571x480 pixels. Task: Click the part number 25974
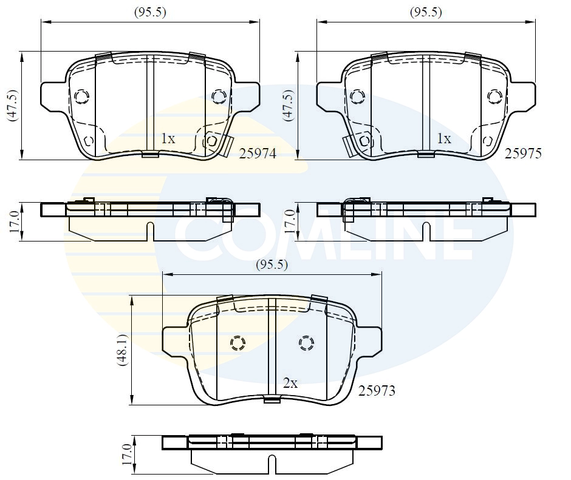click(x=258, y=154)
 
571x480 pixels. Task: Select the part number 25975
click(x=523, y=154)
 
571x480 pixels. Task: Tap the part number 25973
click(x=377, y=391)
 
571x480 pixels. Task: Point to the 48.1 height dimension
click(x=123, y=350)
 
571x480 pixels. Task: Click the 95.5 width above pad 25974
click(x=150, y=12)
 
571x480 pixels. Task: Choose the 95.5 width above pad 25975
click(x=426, y=12)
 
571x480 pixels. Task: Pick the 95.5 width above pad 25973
click(x=272, y=265)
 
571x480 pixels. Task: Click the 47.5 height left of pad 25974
click(x=13, y=105)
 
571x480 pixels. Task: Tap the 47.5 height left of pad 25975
click(x=289, y=105)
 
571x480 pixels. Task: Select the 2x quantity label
click(x=290, y=383)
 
